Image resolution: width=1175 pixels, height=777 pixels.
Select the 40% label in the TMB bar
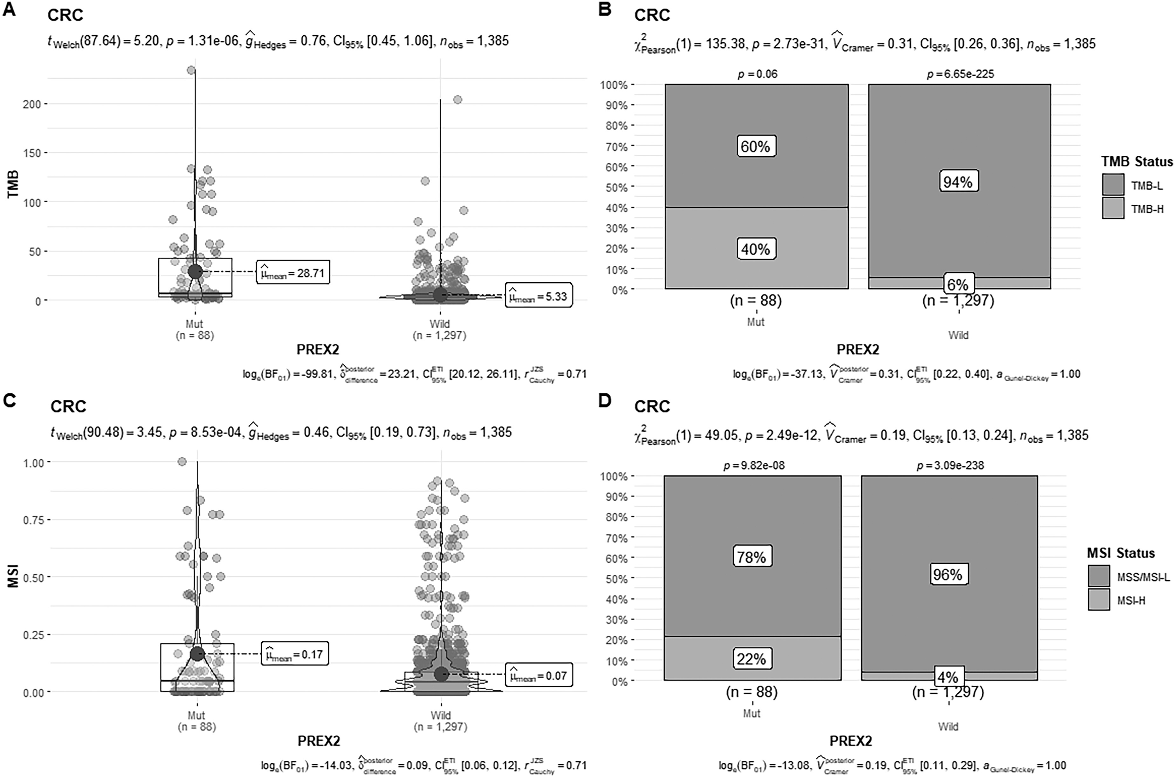755,249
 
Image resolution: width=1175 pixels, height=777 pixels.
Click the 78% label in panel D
751,557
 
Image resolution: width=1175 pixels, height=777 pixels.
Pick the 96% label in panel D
947,574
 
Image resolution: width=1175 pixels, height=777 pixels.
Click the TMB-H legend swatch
1113,208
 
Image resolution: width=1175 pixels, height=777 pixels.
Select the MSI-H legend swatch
1099,600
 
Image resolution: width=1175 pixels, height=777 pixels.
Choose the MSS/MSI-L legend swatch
1099,576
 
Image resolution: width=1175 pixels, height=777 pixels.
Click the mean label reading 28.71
293,272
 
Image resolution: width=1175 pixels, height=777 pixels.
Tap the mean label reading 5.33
539,296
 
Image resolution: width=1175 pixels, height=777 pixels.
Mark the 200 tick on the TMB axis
31,104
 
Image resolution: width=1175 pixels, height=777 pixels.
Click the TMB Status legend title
1137,161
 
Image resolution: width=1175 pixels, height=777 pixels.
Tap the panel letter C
10,400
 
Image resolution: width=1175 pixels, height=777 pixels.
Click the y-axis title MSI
13,576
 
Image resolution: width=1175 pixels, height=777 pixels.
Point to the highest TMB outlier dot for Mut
191,70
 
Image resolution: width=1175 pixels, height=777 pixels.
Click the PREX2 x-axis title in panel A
318,349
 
